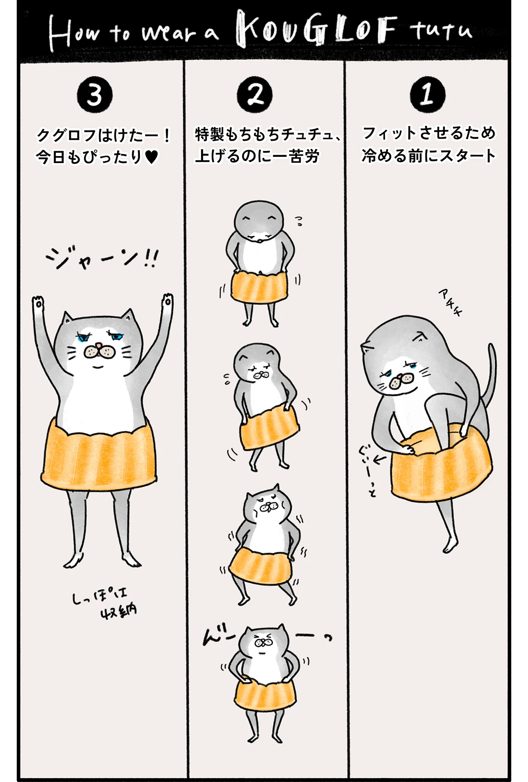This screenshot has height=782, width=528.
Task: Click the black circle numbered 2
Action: point(255,95)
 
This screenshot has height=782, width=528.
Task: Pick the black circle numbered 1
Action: point(427,94)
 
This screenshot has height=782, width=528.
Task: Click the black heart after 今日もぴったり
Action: point(151,157)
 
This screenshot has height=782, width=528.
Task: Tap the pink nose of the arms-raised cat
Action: point(100,346)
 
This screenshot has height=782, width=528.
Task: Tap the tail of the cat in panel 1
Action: point(491,374)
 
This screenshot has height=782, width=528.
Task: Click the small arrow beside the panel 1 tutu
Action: point(379,460)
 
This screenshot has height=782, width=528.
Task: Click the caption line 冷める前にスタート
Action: point(428,156)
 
